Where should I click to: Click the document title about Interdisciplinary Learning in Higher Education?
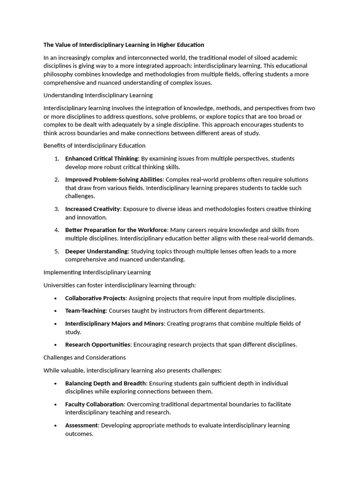(124, 45)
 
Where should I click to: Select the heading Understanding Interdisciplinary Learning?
(98, 95)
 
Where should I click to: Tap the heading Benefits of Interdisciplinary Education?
(94, 146)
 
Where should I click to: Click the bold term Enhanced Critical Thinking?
(101, 158)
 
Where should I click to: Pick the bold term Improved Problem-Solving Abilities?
(113, 180)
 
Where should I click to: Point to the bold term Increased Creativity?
(92, 209)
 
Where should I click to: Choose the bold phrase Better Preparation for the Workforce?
(116, 230)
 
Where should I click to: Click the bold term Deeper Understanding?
(96, 251)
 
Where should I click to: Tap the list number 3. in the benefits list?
(57, 209)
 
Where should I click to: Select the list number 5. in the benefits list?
(57, 251)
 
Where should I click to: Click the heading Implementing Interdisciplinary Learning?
(97, 272)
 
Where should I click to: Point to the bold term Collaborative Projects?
(95, 298)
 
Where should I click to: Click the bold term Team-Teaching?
(86, 311)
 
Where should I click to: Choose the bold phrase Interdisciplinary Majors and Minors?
(114, 323)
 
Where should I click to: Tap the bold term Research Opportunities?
(97, 345)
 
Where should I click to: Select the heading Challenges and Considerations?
(85, 358)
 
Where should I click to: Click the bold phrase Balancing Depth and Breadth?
(105, 383)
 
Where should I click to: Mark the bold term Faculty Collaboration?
(95, 404)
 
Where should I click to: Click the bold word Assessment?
(82, 426)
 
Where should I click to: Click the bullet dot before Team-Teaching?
(56, 311)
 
